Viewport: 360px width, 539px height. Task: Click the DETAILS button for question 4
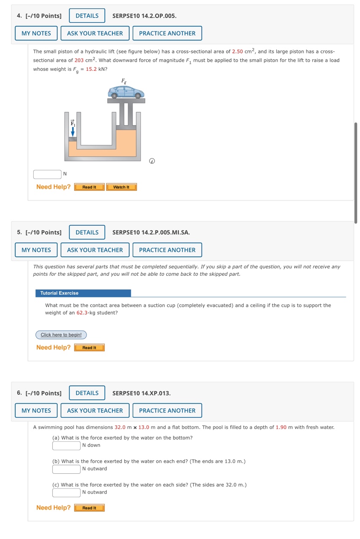(x=87, y=16)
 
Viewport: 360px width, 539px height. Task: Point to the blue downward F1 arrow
(x=72, y=132)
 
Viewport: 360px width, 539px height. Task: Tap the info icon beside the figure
(x=152, y=161)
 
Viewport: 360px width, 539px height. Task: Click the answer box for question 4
(x=47, y=174)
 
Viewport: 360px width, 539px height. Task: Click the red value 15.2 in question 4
(x=91, y=69)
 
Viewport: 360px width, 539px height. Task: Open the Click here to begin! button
(x=61, y=335)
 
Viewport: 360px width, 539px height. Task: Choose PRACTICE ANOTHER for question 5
(x=167, y=250)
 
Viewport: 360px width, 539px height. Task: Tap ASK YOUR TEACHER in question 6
(x=95, y=411)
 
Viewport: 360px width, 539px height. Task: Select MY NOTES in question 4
(x=36, y=33)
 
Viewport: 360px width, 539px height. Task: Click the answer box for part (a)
(x=66, y=446)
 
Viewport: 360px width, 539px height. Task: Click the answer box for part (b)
(x=66, y=469)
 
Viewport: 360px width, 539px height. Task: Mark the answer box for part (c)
(x=66, y=492)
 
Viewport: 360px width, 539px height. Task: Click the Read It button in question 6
(x=89, y=508)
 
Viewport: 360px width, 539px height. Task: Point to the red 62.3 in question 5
(x=82, y=313)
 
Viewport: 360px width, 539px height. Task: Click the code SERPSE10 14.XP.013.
(x=141, y=393)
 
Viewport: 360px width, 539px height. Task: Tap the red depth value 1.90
(x=281, y=427)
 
